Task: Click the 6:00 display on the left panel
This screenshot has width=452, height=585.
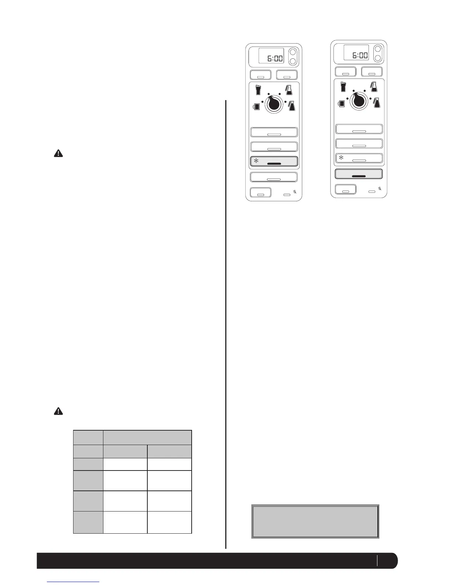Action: (271, 56)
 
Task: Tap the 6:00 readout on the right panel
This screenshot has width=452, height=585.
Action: (356, 53)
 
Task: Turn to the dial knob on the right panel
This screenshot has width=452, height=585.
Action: (359, 100)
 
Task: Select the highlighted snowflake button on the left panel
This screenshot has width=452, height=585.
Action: (274, 162)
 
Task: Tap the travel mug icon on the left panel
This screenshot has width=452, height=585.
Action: (259, 90)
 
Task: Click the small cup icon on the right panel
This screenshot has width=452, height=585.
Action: (342, 103)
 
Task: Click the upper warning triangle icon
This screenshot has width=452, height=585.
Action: (58, 154)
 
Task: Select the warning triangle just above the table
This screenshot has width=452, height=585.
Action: (58, 411)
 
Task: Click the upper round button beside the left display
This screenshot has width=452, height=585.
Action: (292, 52)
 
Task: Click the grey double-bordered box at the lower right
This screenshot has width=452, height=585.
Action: (315, 521)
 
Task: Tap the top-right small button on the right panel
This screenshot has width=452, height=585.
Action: (372, 72)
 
